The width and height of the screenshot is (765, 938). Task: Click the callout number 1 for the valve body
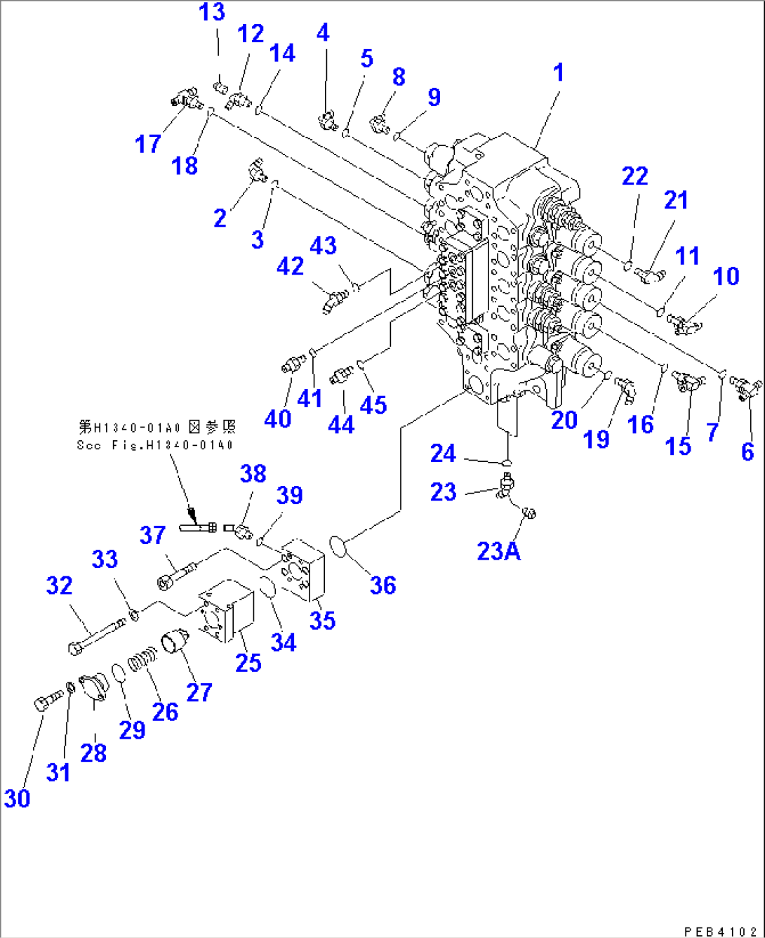coord(558,72)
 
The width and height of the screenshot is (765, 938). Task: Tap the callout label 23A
coord(498,551)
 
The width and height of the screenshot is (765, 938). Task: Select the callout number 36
coord(382,585)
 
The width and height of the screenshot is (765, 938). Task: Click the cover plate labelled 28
coord(93,686)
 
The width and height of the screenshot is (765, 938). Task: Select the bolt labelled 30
coord(46,700)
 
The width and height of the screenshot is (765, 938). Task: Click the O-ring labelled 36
coord(337,546)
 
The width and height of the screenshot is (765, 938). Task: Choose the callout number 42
coord(290,266)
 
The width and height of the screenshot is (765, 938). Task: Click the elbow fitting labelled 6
coord(745,387)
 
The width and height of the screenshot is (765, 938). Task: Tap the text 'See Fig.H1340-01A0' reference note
coord(155,444)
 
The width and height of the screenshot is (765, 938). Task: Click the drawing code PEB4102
coord(722,931)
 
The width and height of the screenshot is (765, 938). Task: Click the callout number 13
coord(212,12)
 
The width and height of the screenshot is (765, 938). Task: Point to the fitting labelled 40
coord(291,364)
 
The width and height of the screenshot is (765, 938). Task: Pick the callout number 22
coord(634,176)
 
